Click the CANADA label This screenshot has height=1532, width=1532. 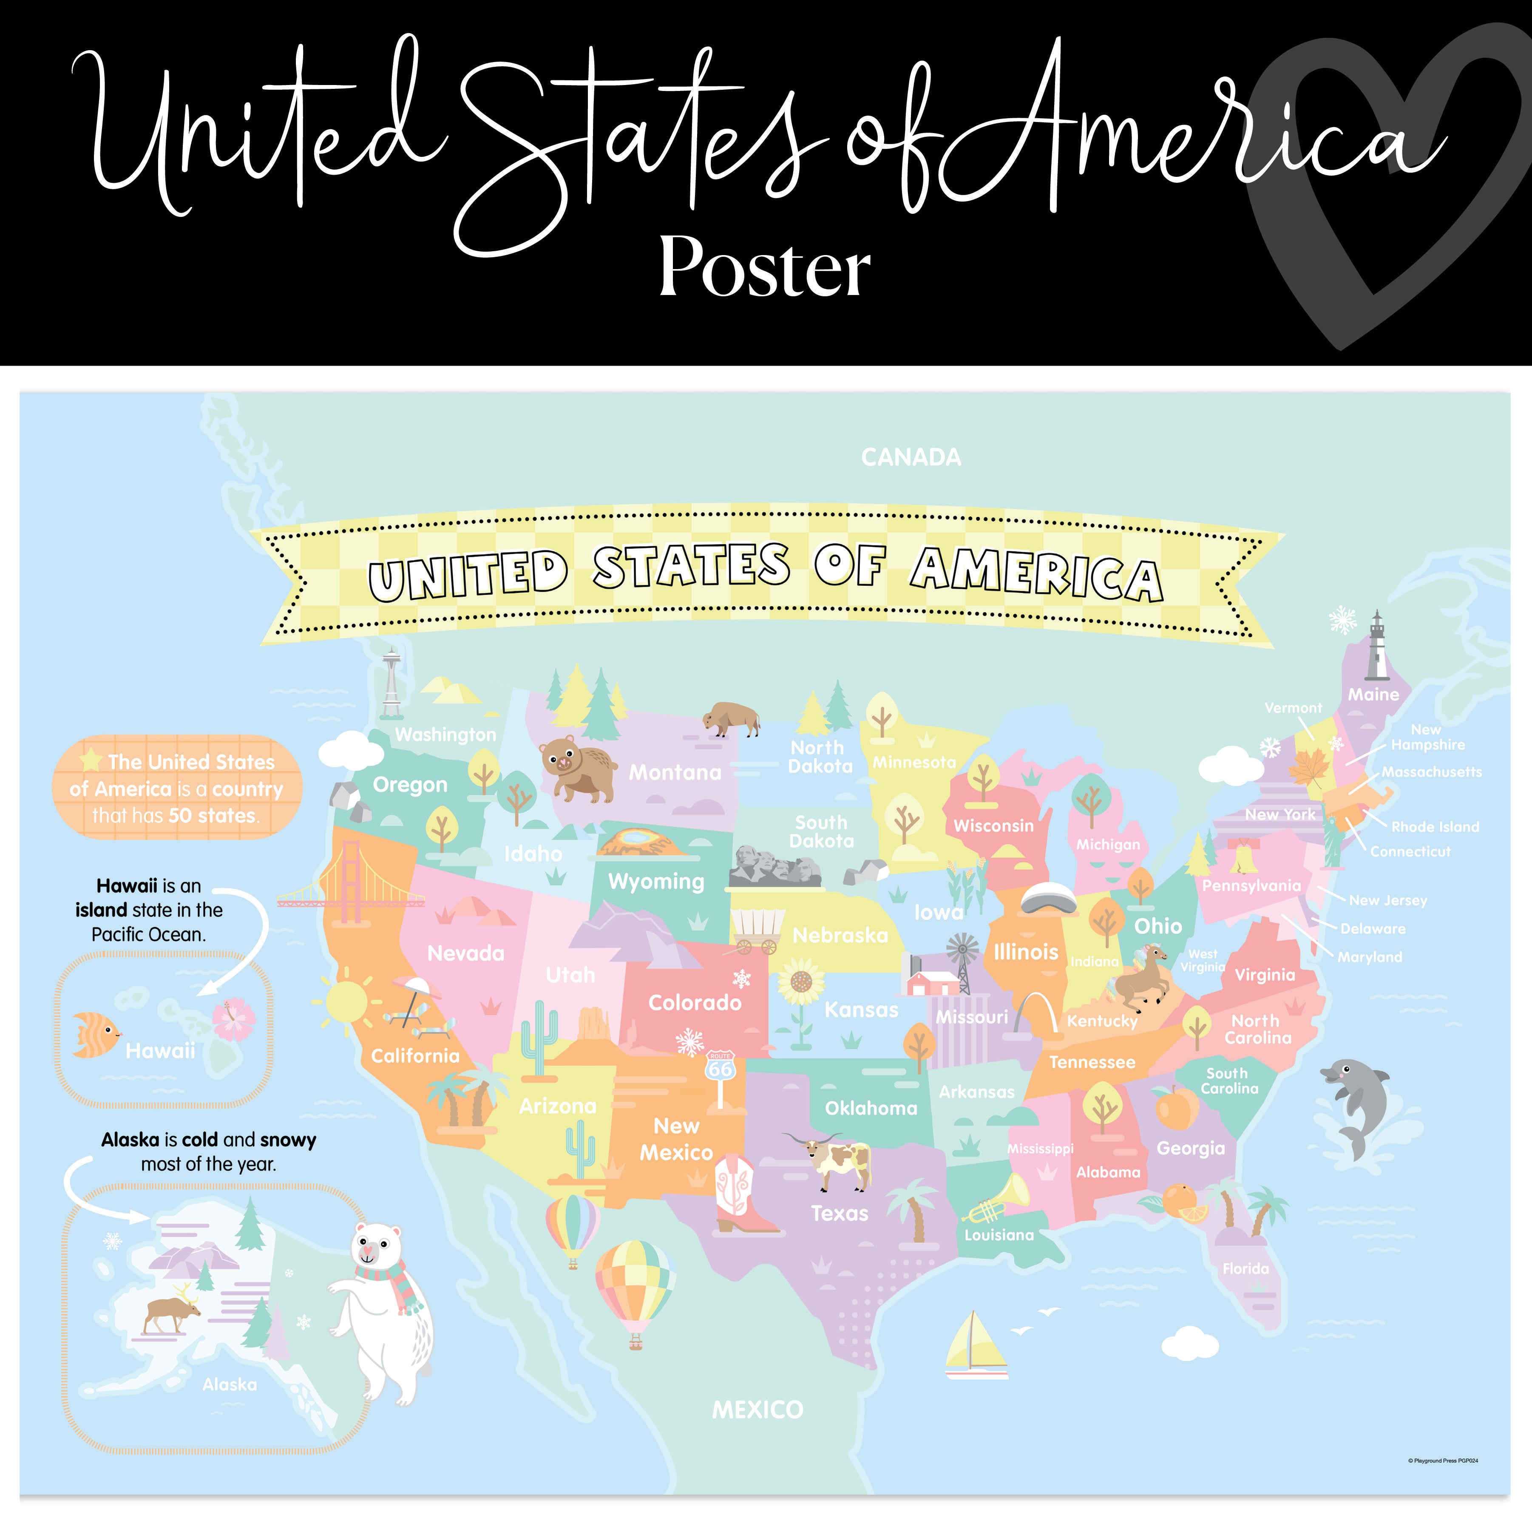click(x=911, y=457)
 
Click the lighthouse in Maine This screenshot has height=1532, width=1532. click(x=1376, y=646)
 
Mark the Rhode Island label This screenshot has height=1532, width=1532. click(x=1435, y=827)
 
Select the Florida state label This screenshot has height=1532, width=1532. click(x=1245, y=1269)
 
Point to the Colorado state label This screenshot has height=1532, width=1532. click(x=695, y=1003)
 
